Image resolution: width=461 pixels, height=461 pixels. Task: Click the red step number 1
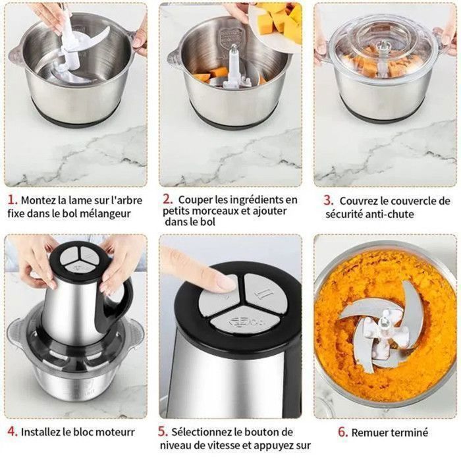click(x=12, y=200)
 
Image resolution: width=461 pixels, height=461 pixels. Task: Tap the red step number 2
click(x=167, y=200)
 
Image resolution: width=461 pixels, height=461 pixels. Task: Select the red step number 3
click(x=328, y=200)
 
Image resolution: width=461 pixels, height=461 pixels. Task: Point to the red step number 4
click(x=13, y=431)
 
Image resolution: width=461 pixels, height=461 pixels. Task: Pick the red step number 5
click(x=163, y=431)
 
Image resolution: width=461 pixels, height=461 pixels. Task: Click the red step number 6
click(x=343, y=432)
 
